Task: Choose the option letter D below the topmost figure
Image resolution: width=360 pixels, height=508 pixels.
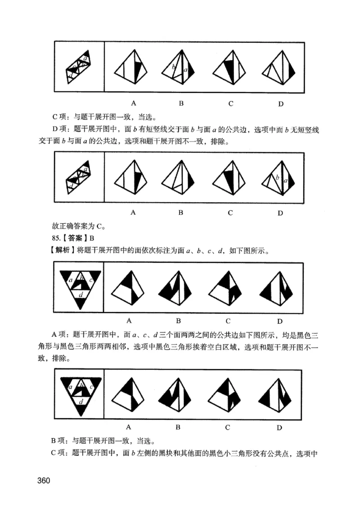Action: tap(280, 104)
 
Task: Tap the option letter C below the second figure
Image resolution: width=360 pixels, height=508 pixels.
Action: tap(230, 213)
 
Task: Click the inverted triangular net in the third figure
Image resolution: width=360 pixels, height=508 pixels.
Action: tap(80, 288)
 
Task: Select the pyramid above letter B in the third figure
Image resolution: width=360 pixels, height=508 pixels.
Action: tap(179, 288)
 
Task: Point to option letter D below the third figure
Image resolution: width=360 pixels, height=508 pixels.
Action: tap(279, 321)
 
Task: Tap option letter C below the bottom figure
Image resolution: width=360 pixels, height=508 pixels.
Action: tap(228, 426)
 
